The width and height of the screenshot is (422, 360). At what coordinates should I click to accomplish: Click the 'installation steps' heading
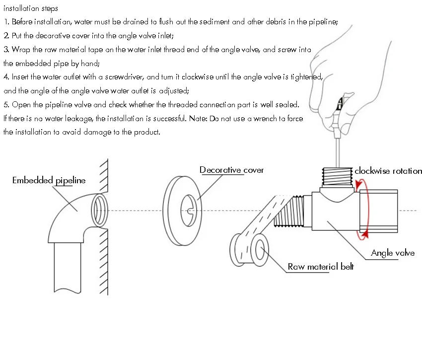coord(30,8)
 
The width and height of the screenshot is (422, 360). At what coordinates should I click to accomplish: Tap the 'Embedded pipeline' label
coord(49,180)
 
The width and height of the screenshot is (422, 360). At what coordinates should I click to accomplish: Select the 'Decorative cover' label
coord(231,170)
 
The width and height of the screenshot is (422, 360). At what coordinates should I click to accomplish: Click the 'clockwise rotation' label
coord(388,171)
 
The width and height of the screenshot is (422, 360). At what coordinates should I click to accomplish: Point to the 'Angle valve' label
coord(392,253)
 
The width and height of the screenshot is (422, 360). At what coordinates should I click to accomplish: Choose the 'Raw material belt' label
coord(321,267)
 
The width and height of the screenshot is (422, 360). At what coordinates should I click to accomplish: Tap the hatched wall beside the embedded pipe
coord(104,248)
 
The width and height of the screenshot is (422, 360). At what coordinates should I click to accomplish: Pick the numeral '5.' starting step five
coord(6,105)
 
